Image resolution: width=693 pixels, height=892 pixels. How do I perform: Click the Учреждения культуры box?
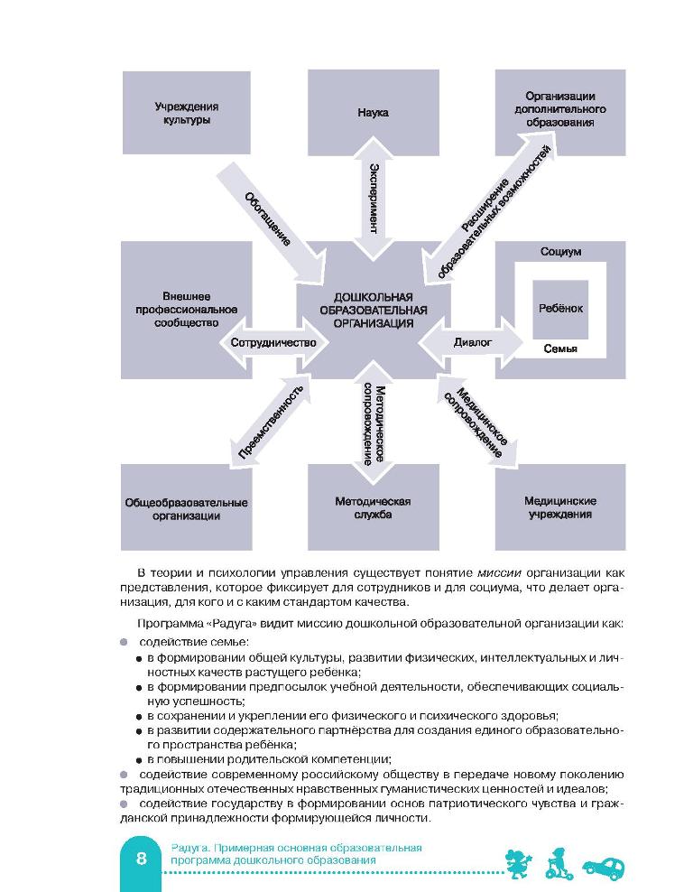pyautogui.click(x=186, y=113)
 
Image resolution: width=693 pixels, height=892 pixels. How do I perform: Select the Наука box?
pyautogui.click(x=373, y=113)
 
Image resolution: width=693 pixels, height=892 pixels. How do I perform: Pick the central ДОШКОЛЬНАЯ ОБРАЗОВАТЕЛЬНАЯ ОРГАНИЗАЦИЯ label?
pyautogui.click(x=373, y=309)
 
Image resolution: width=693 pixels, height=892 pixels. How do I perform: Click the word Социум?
pyautogui.click(x=560, y=252)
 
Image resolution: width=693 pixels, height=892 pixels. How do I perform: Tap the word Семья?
pyautogui.click(x=560, y=348)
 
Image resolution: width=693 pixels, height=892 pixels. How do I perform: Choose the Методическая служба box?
pyautogui.click(x=373, y=507)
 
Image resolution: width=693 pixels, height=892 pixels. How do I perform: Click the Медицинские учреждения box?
pyautogui.click(x=559, y=507)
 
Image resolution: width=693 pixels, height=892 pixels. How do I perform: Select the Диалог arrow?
pyautogui.click(x=472, y=343)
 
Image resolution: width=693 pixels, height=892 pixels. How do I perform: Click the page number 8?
pyautogui.click(x=142, y=859)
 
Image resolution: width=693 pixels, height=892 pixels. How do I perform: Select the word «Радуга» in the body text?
pyautogui.click(x=220, y=623)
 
